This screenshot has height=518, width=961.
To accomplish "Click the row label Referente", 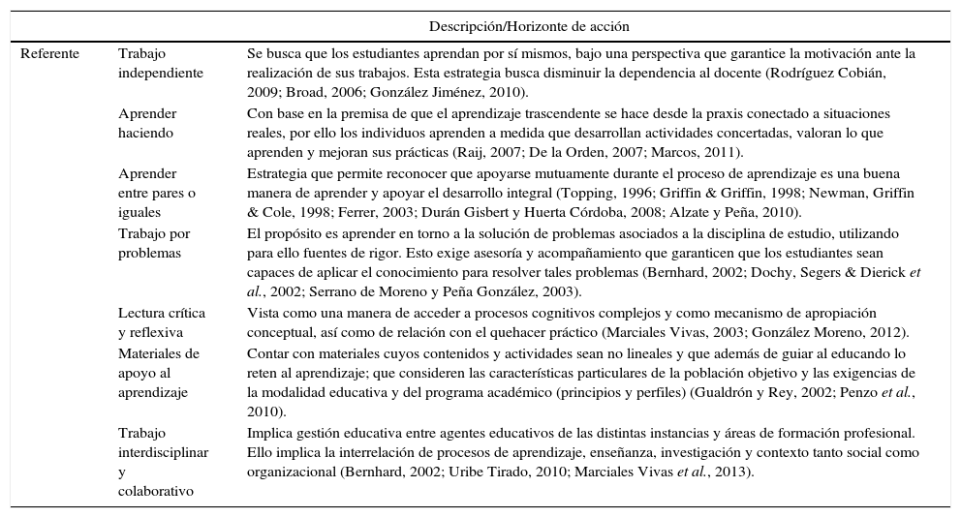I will [x=49, y=53].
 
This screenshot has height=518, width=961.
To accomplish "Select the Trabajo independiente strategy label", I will [x=160, y=63].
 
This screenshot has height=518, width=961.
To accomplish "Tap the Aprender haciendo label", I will [x=147, y=123].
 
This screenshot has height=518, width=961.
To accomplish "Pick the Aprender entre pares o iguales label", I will [x=156, y=193].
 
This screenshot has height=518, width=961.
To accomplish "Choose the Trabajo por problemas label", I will [x=153, y=243].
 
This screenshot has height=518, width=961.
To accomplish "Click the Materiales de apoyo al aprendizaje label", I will [x=158, y=373].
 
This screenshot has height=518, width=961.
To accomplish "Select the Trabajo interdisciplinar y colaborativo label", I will [x=163, y=462].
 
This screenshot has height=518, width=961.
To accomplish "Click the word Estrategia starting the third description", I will [x=279, y=173].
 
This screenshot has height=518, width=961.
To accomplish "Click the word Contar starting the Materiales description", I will [x=268, y=352].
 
